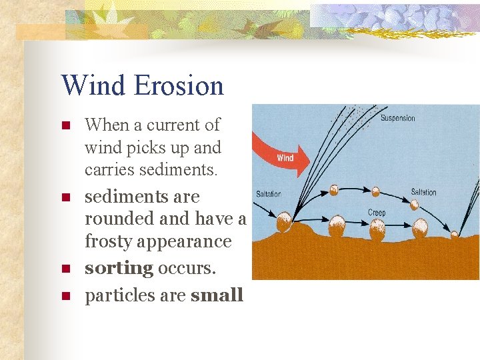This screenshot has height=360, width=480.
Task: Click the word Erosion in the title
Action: point(179,86)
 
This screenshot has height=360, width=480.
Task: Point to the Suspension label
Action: point(397,119)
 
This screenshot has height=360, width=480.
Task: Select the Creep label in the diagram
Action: point(377,213)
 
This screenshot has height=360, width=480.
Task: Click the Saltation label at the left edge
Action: point(269,194)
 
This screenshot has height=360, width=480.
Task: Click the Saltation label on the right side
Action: point(423,192)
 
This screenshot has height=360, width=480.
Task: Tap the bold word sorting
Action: point(119,268)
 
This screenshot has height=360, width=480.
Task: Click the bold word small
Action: point(217,295)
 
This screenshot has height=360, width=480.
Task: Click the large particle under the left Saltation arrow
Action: point(285,222)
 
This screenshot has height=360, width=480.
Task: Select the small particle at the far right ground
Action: point(454,235)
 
